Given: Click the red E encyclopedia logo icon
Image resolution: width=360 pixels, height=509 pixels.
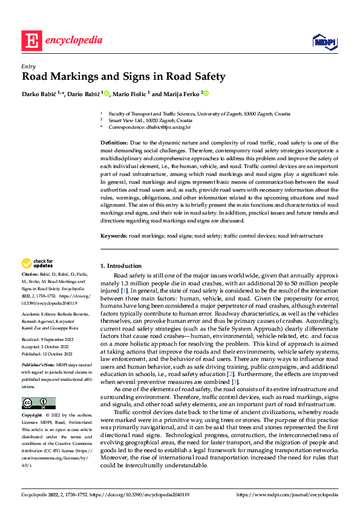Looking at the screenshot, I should [31, 41].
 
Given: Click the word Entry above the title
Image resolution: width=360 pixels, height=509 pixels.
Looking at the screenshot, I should [28, 66].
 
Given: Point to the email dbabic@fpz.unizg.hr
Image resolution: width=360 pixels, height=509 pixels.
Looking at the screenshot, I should [164, 127].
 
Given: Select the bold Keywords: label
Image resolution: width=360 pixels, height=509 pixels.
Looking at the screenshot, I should [114, 236].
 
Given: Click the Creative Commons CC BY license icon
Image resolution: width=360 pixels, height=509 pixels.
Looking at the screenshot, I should [38, 403].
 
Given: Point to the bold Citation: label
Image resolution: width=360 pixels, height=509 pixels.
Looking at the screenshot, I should [31, 274].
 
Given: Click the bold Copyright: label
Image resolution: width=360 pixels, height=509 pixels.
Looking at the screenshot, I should [32, 416].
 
